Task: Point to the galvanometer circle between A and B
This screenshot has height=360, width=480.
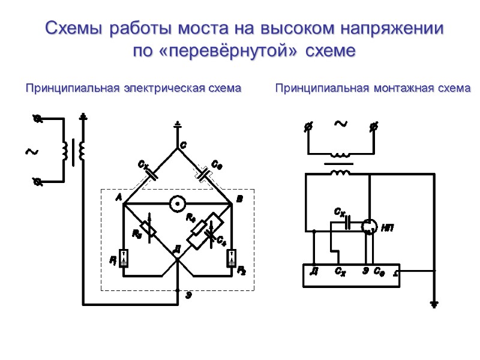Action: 177,205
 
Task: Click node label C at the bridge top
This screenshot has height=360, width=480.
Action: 183,146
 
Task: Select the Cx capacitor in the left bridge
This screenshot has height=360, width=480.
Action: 151,175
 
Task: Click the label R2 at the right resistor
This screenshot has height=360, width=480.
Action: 242,270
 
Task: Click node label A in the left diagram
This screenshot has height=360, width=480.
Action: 119,197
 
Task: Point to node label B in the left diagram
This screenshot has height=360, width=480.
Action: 239,199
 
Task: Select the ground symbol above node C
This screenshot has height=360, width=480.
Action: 177,125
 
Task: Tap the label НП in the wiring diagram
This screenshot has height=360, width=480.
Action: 387,228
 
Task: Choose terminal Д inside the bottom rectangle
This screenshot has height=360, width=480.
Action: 313,272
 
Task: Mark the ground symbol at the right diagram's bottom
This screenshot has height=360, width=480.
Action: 434,303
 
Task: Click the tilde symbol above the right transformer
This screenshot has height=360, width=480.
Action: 341,124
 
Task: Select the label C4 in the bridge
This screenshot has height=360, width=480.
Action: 221,240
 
